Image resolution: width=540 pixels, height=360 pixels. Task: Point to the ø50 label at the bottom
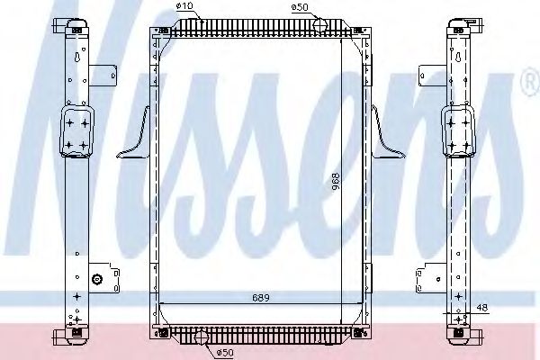point(224,352)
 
